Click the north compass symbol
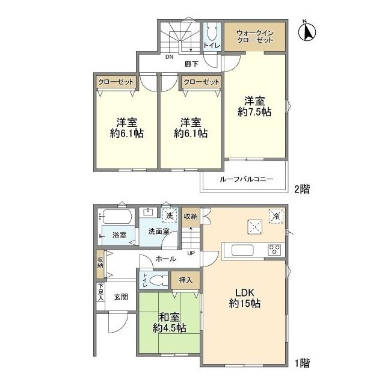307,32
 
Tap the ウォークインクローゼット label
254,37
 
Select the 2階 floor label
302,189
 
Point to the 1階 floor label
302,363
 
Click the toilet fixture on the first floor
158,280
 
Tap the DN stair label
169,57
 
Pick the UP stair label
191,253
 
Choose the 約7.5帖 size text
254,112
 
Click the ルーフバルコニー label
246,179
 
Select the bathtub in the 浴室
117,216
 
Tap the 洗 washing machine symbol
170,215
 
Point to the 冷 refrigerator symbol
276,216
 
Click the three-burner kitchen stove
274,250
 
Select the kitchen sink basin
242,250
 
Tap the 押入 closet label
185,280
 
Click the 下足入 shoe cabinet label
100,292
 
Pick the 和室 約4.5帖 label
170,322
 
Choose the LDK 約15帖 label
245,298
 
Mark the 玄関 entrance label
121,297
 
